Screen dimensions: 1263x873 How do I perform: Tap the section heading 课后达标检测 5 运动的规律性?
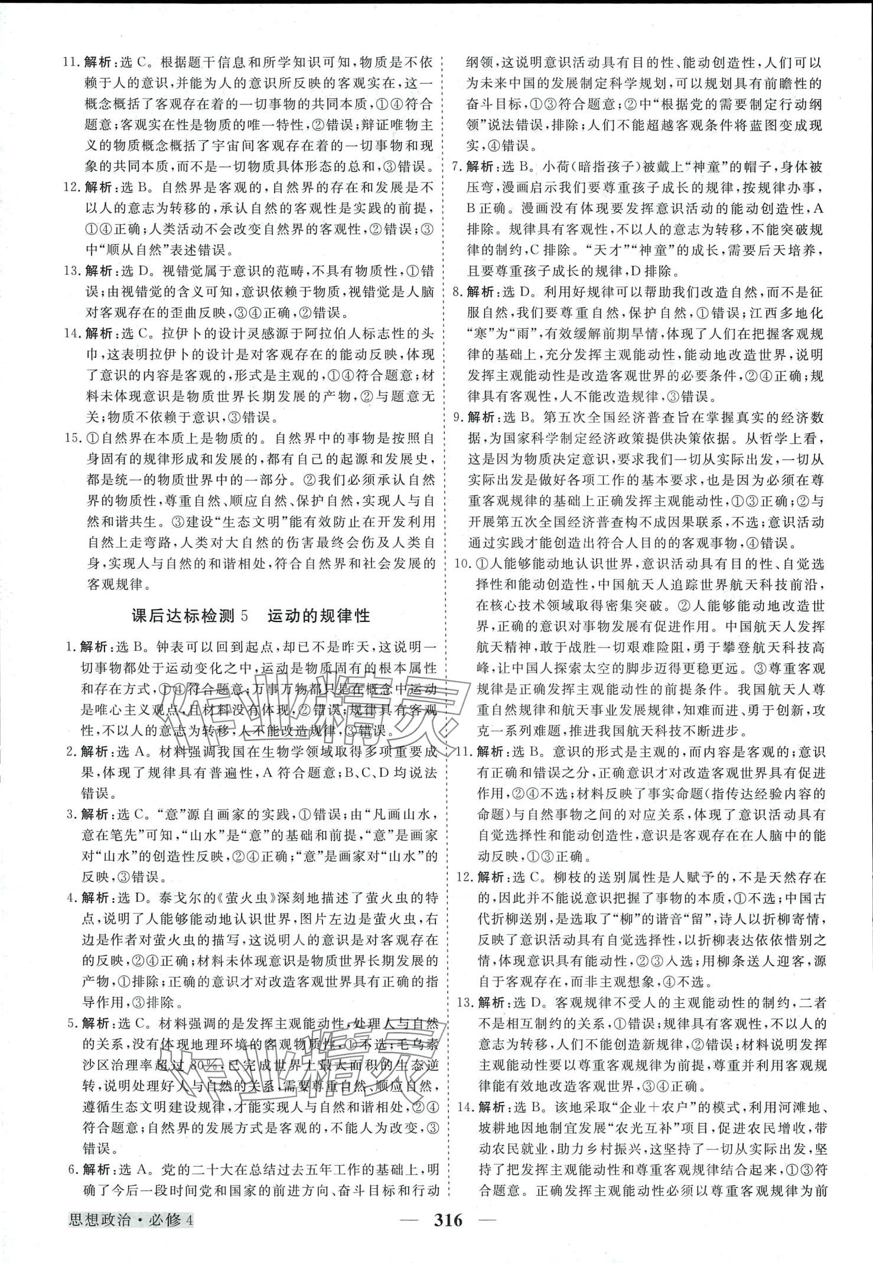[250, 616]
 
